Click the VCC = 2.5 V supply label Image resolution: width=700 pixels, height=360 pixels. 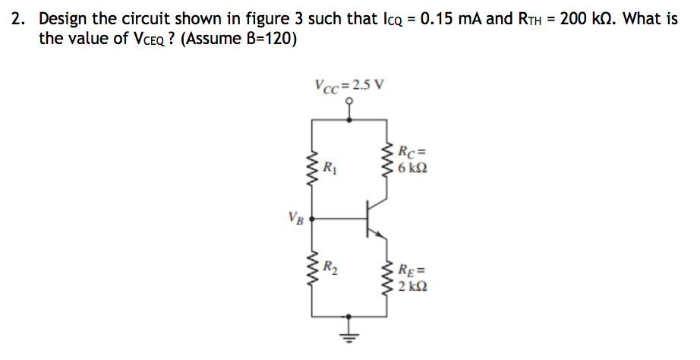[348, 84]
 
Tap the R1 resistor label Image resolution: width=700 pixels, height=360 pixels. [328, 167]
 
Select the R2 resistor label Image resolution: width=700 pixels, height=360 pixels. [330, 267]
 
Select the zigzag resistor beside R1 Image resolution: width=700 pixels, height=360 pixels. [311, 168]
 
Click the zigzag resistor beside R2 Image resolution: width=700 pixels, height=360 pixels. [311, 268]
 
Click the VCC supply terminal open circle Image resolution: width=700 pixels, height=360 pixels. [349, 106]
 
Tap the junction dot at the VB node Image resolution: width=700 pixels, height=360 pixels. [312, 219]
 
